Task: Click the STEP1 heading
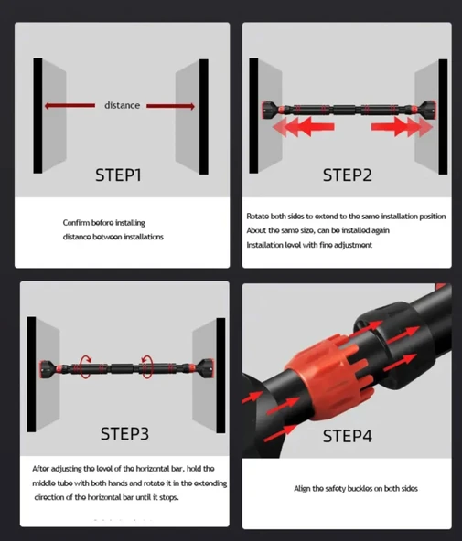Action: (x=118, y=175)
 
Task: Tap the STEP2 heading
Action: (x=347, y=175)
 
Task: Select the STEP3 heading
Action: (x=124, y=434)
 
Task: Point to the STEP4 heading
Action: (x=347, y=436)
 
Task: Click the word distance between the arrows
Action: (x=123, y=105)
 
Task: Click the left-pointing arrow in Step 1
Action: (x=70, y=106)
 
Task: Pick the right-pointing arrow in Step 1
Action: (x=170, y=106)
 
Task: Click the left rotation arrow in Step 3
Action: (x=85, y=366)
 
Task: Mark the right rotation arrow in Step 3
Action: (x=146, y=366)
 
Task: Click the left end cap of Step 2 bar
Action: (x=270, y=111)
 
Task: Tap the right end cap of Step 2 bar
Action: (x=427, y=111)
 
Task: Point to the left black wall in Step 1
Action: (x=38, y=115)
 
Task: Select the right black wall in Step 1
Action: (x=204, y=117)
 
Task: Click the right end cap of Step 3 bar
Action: (x=206, y=369)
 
